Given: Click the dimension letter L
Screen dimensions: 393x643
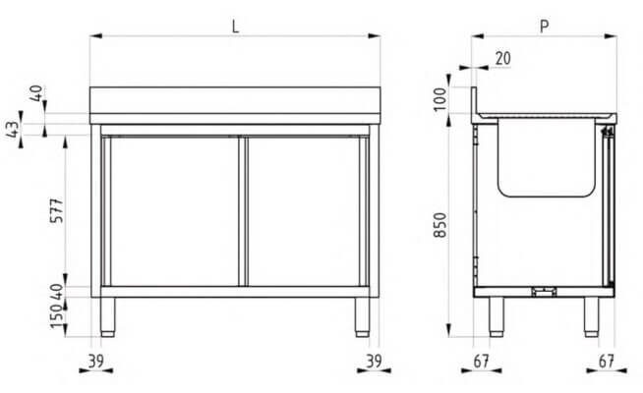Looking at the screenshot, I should tap(235, 27).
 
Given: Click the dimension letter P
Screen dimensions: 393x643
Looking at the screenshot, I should tap(544, 27).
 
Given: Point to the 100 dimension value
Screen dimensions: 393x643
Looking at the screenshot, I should tap(438, 98).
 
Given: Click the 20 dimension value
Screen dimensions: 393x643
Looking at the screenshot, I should tap(502, 59).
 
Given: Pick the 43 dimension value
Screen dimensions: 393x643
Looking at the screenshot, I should tap(13, 128).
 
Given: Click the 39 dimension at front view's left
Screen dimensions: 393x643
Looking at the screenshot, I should tap(95, 362).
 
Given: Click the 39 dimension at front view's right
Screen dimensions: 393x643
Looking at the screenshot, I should tap(373, 362).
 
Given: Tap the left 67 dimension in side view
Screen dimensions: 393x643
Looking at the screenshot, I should tap(481, 362).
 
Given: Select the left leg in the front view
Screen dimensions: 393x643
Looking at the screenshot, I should tap(111, 313).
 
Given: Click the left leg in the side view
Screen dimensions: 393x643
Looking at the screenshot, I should tap(497, 314).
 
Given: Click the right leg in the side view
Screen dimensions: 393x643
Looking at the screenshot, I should tap(591, 314).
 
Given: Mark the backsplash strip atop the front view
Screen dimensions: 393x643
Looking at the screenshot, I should tap(235, 99).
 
